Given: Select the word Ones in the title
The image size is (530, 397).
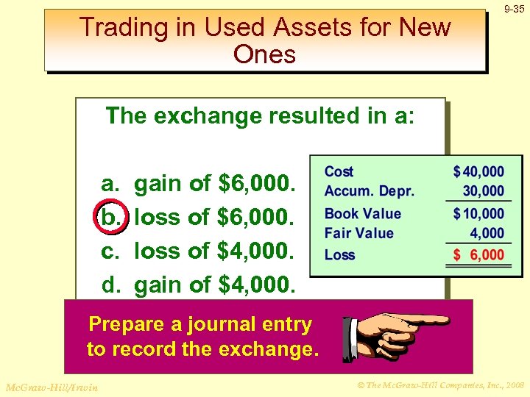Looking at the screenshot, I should [x=264, y=54].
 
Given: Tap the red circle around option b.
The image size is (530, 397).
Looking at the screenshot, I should [x=110, y=217].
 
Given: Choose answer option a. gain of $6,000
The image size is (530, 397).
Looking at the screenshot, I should [x=199, y=183].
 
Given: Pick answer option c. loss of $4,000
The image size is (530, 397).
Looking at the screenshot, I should [x=199, y=251].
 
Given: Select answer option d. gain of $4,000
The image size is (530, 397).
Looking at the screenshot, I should [x=199, y=284].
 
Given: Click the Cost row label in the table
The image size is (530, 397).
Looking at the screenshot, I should [x=339, y=171].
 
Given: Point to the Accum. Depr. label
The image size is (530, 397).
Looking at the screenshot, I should [x=369, y=191].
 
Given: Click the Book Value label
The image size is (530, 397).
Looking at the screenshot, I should [x=363, y=214].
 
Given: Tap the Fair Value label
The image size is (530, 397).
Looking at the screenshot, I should [x=359, y=233].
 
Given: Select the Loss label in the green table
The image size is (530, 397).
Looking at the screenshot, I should [x=339, y=255].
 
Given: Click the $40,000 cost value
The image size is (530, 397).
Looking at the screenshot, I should [x=479, y=172].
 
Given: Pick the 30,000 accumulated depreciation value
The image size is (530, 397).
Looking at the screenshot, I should [x=484, y=191].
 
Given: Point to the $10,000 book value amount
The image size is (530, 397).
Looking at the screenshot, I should [x=479, y=214].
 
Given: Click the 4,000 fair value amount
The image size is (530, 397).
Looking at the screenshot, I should [x=487, y=233].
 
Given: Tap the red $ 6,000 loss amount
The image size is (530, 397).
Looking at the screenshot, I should [x=479, y=255].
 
